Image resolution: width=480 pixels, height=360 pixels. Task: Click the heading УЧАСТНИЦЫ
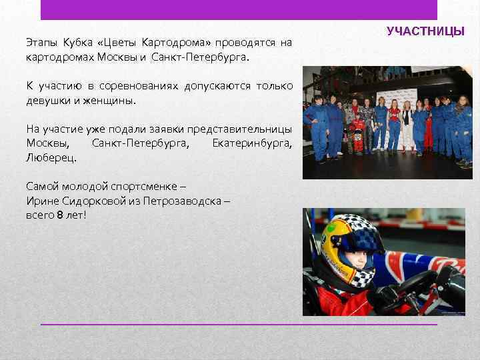point(425,31)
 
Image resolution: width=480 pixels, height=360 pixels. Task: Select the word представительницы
point(239,129)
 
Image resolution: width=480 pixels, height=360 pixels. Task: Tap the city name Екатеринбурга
point(251,144)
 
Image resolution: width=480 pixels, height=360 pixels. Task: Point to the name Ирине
point(43,201)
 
